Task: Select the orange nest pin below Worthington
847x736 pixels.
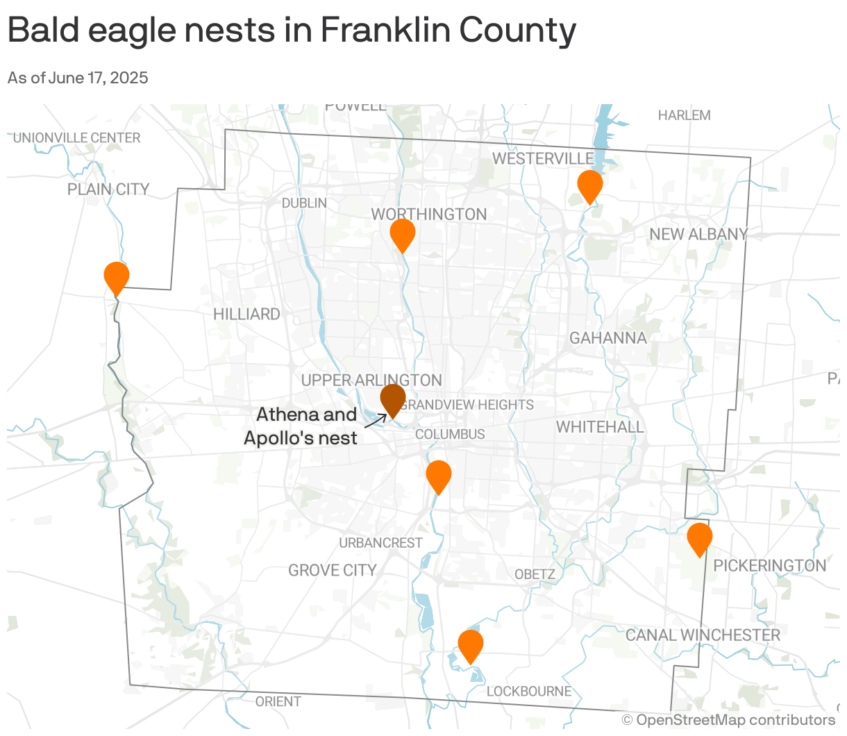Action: tap(403, 234)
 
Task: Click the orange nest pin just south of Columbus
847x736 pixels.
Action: tap(439, 475)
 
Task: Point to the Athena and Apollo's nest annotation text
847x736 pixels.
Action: tap(302, 426)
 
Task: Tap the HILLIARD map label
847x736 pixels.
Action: tap(246, 315)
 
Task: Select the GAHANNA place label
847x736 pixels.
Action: tap(608, 338)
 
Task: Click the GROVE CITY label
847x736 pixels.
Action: tap(333, 571)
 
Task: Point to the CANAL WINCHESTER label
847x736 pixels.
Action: tap(703, 635)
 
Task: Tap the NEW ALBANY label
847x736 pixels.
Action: tap(698, 235)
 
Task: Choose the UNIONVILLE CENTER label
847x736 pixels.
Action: tap(77, 138)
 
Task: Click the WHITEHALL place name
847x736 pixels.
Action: tap(600, 427)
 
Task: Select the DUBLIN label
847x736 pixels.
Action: tap(304, 203)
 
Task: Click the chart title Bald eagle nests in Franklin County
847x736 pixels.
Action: tap(292, 31)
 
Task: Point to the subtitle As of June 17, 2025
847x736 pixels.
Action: tap(78, 78)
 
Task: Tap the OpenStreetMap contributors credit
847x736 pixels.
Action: tap(728, 720)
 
